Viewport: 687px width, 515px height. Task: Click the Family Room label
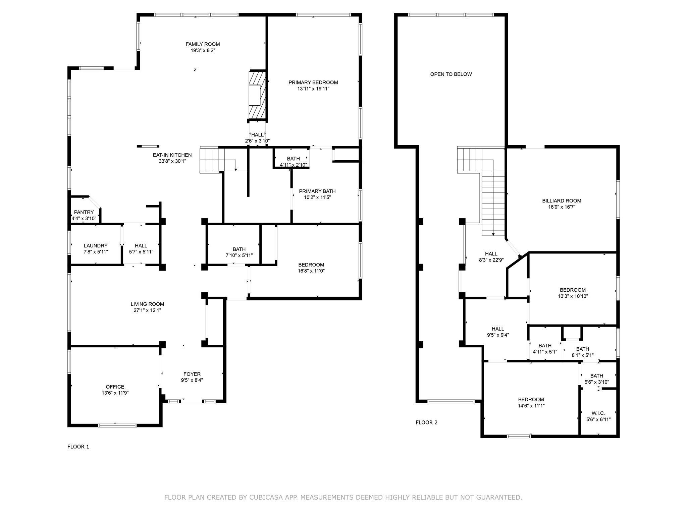[x=203, y=44]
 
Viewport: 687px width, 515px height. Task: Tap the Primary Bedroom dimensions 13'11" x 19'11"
[x=313, y=89]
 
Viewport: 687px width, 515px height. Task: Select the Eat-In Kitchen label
[x=172, y=155]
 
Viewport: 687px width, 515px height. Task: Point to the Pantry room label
[x=84, y=212]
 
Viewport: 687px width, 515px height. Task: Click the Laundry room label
[x=96, y=246]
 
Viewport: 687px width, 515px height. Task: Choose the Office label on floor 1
[x=115, y=387]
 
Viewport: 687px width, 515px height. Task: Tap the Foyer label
[x=192, y=374]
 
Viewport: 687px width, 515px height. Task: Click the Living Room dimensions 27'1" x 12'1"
[x=147, y=310]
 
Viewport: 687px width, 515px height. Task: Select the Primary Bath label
[x=317, y=191]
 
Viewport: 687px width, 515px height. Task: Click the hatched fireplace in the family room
[x=257, y=95]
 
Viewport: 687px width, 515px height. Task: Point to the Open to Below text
[x=451, y=74]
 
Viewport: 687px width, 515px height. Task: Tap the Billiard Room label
[x=562, y=201]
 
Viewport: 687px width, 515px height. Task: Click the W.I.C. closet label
[x=598, y=413]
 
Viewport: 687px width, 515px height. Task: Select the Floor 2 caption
[x=426, y=422]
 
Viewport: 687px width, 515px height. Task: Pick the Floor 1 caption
[x=78, y=447]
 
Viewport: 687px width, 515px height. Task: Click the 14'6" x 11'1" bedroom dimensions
[x=531, y=406]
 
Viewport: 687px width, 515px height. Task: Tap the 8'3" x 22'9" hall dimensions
[x=491, y=260]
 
